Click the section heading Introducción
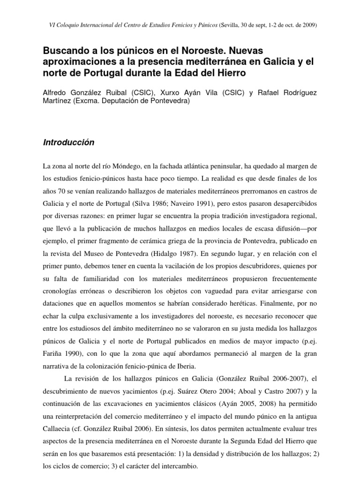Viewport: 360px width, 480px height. [x=69, y=142]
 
